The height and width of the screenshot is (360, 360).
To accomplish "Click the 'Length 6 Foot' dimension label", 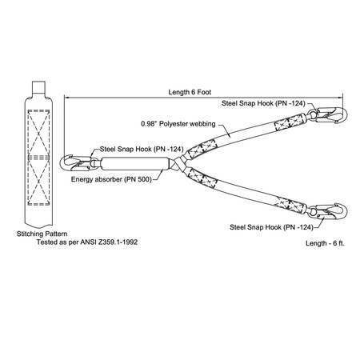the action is tap(190, 92).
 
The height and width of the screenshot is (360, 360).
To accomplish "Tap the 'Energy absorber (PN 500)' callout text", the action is tap(111, 179).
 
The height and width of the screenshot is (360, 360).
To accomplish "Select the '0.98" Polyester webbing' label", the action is tap(178, 124).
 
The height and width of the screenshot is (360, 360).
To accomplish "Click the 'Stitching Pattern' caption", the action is tap(42, 234).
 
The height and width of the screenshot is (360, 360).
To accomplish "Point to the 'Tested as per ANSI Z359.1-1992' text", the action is tap(87, 242).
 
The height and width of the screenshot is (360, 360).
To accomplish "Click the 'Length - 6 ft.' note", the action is tap(325, 243).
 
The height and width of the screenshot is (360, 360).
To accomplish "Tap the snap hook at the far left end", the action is tap(75, 163).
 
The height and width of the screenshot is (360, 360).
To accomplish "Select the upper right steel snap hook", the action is tap(328, 115).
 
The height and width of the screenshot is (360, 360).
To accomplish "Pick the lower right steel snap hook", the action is tap(328, 212).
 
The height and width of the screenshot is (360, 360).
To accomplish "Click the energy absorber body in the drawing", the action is tap(135, 163).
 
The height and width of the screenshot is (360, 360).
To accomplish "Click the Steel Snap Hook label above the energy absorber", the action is tap(142, 149).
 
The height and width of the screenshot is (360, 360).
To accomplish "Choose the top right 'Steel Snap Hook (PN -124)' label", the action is tap(263, 103).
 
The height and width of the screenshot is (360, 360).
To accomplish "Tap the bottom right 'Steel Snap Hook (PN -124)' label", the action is tap(271, 227).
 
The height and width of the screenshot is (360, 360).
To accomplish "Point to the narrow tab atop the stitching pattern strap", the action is tap(38, 86).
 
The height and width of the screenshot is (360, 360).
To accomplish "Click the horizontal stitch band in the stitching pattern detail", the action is tap(38, 158).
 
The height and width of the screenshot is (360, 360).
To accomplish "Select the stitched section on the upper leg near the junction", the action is tap(202, 149).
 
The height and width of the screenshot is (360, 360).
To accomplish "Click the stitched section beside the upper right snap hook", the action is tap(290, 122).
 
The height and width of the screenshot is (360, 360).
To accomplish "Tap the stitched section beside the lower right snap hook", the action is tap(290, 205).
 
